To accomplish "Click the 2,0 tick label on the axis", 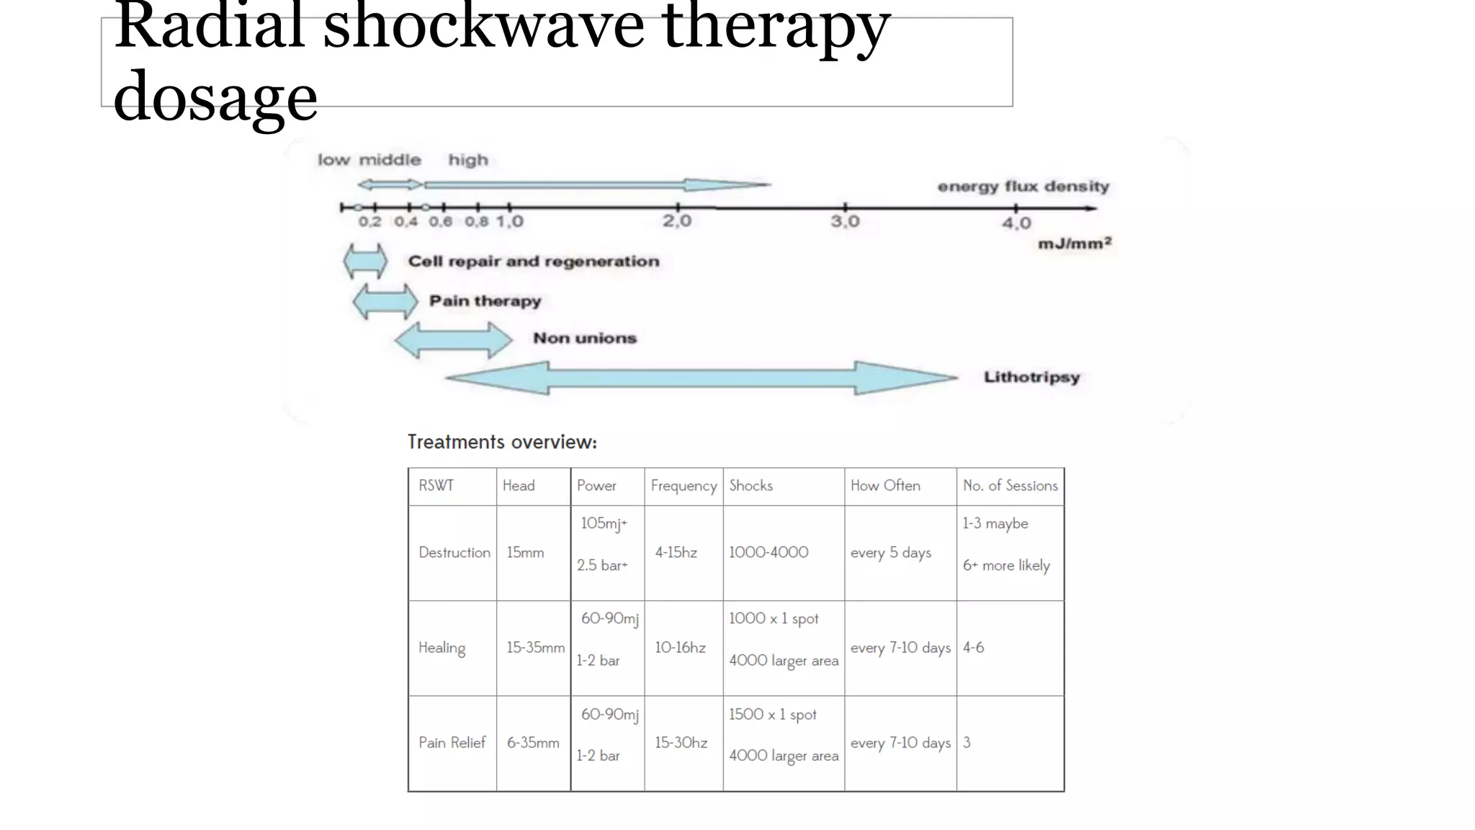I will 677,220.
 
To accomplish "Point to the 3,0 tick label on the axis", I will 845,220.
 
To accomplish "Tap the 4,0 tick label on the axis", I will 1016,223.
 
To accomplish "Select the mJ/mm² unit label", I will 1075,244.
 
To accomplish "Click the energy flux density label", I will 1023,187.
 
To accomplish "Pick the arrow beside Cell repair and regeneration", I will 365,261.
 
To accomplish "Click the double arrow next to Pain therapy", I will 385,301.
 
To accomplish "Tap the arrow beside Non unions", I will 454,339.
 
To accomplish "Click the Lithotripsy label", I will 1031,377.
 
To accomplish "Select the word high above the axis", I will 468,160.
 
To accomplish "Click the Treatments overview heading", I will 502,442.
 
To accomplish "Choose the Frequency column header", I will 683,486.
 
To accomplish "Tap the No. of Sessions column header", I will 1010,486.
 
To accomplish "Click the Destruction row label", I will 454,553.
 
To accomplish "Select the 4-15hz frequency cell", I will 676,553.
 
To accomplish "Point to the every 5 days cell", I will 890,553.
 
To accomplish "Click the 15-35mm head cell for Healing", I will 535,648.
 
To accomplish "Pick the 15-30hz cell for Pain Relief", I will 681,743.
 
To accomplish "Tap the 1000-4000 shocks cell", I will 768,553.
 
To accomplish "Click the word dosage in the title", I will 215,98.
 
